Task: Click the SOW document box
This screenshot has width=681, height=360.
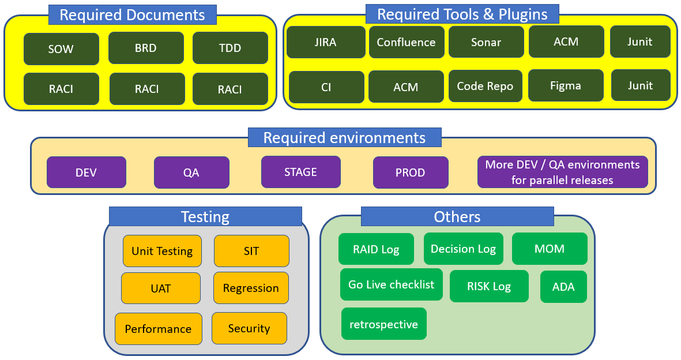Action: (x=61, y=48)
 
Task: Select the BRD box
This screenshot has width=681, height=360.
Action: (x=146, y=48)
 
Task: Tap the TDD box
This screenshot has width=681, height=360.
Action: (x=230, y=48)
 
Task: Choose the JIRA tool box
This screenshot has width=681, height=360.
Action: (x=326, y=42)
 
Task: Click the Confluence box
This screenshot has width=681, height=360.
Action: (x=407, y=42)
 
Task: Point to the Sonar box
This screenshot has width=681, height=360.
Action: (x=486, y=42)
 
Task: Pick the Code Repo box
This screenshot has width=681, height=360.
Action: (x=485, y=86)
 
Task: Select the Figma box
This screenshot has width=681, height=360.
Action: (x=566, y=85)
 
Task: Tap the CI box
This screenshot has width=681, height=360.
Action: (x=326, y=87)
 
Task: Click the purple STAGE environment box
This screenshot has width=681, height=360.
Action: (x=300, y=172)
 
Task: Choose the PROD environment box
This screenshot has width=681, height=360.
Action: (x=411, y=172)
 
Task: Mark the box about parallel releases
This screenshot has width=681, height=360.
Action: (x=562, y=172)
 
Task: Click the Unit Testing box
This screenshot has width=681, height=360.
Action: (x=162, y=251)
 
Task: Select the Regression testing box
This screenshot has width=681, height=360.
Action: (x=251, y=288)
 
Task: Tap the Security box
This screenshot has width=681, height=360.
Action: (x=249, y=328)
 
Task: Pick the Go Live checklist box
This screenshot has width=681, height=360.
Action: (x=392, y=284)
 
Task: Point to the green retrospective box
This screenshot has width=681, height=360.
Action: (x=384, y=324)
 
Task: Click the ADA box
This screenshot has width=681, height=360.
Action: (x=563, y=287)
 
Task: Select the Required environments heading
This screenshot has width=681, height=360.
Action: (x=344, y=137)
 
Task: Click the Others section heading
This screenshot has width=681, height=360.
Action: (x=457, y=216)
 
